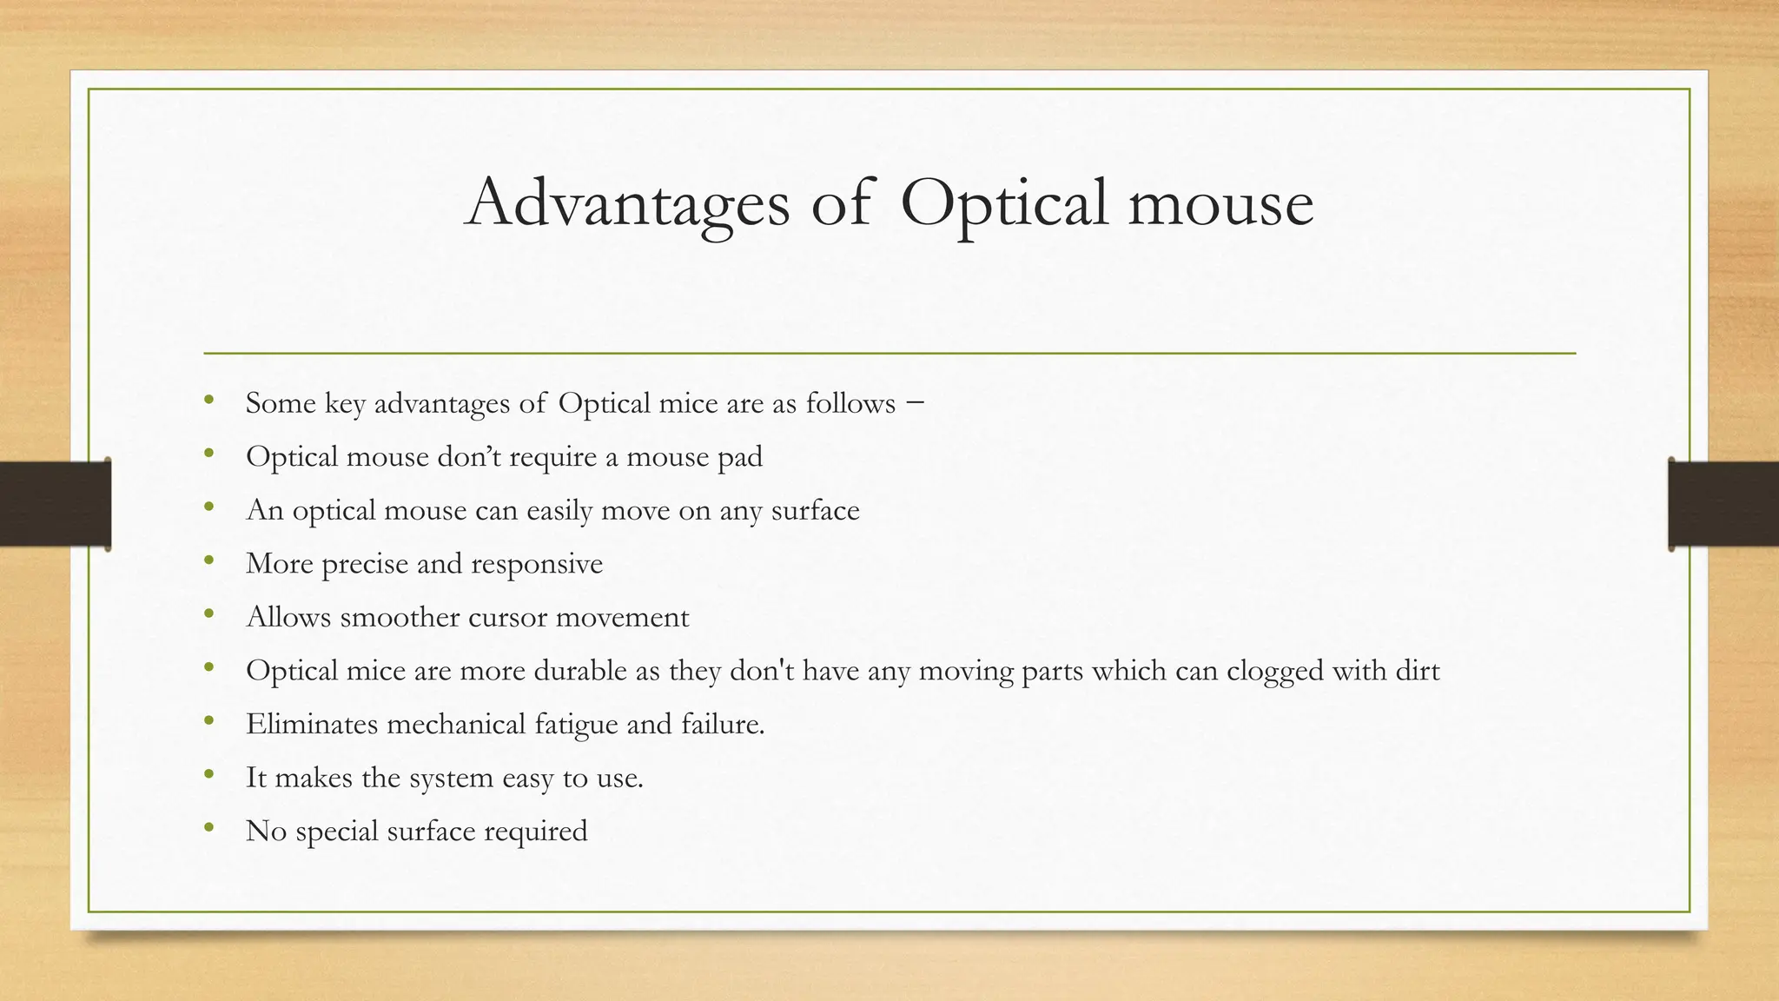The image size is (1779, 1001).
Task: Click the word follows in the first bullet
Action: pos(850,403)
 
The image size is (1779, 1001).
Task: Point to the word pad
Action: pos(740,457)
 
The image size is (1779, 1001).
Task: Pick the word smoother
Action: pos(400,617)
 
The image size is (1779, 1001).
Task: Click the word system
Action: pos(451,778)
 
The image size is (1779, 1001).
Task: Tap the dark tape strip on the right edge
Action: pos(1723,504)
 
